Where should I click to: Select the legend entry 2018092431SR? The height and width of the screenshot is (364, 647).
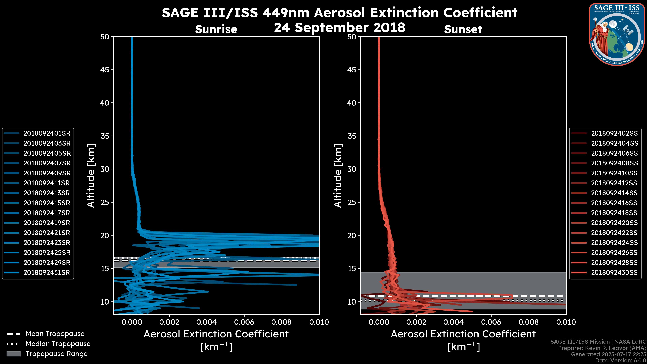[47, 272]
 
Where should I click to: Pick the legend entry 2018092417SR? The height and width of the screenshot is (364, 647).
[47, 213]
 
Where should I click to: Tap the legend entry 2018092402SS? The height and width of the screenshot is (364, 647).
[614, 133]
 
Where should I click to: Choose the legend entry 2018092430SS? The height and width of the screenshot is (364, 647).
[614, 272]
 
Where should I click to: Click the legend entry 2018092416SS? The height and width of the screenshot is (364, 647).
[614, 203]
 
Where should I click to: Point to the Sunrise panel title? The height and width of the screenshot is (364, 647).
[216, 29]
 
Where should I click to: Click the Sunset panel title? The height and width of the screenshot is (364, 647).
[463, 29]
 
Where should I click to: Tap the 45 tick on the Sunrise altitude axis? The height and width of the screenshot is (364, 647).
[105, 70]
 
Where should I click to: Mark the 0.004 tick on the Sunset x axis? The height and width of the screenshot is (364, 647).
[454, 322]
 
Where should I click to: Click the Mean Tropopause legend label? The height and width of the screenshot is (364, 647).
[55, 334]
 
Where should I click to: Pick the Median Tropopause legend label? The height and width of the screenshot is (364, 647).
[58, 344]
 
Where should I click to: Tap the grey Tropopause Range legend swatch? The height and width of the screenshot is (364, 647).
[13, 354]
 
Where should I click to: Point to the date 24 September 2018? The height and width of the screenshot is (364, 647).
[339, 27]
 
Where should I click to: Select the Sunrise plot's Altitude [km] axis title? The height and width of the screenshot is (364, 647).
[91, 176]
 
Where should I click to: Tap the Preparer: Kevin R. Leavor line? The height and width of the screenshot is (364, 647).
[602, 348]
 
